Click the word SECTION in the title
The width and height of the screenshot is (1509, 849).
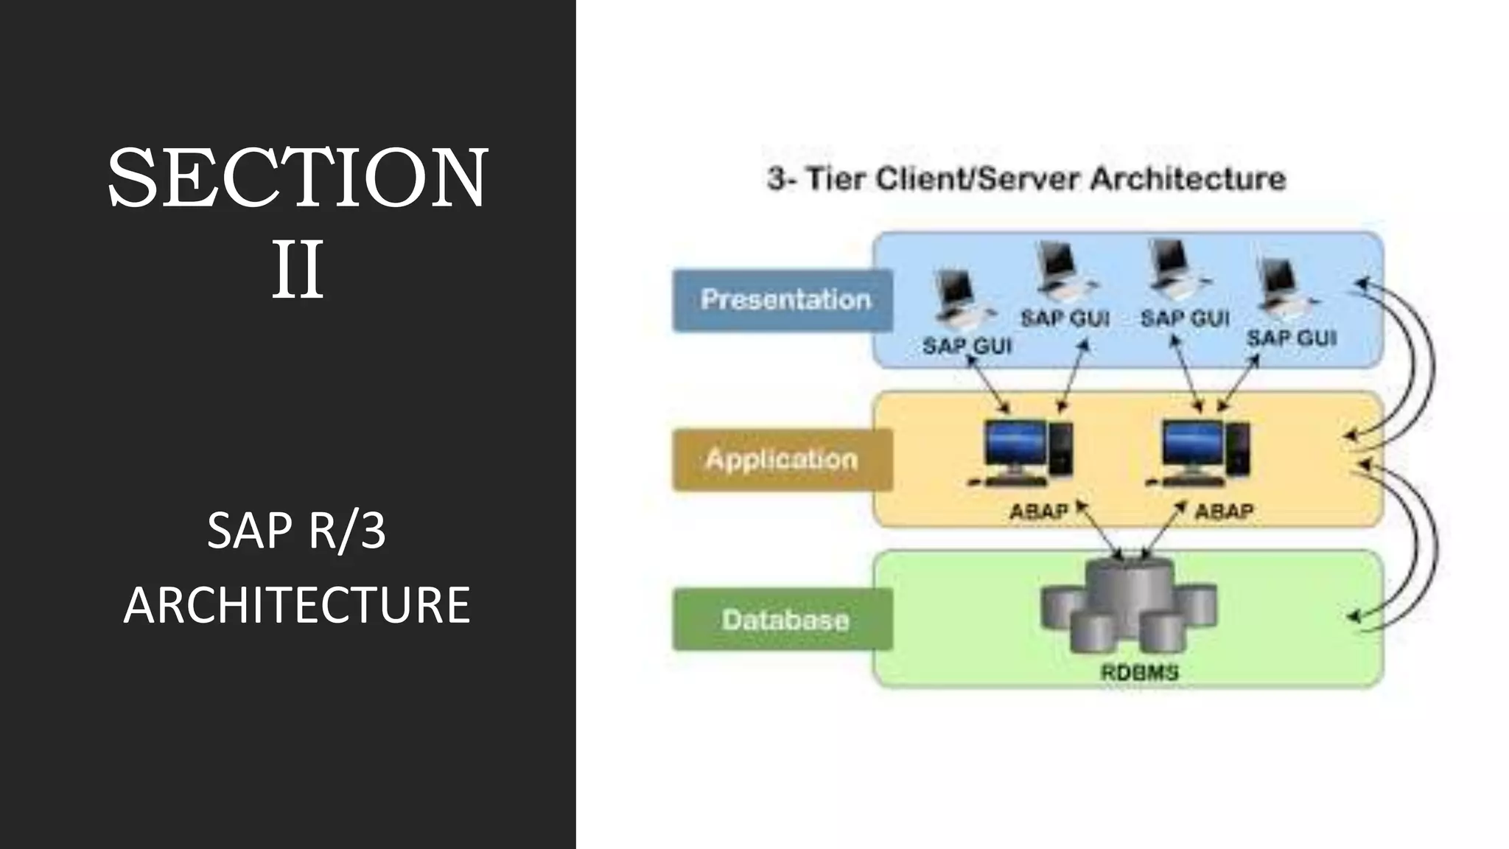click(x=297, y=178)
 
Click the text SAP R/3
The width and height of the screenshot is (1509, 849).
click(x=296, y=530)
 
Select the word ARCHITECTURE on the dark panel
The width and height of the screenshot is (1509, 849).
click(x=296, y=605)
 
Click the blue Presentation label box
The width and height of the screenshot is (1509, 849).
click(x=782, y=301)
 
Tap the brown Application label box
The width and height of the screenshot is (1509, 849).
click(x=782, y=460)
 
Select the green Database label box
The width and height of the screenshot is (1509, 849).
click(x=782, y=620)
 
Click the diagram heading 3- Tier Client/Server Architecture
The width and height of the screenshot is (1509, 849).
click(x=1026, y=179)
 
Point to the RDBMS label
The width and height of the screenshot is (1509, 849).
click(x=1139, y=672)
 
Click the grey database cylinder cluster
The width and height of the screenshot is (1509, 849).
click(x=1128, y=606)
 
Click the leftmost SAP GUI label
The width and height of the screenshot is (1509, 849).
click(x=967, y=345)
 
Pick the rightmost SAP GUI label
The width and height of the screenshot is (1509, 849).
click(x=1291, y=338)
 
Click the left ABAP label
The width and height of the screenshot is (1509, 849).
click(x=1038, y=511)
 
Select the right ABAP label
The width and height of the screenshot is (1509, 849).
click(x=1224, y=511)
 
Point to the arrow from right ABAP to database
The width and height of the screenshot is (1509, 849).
click(x=1163, y=531)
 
